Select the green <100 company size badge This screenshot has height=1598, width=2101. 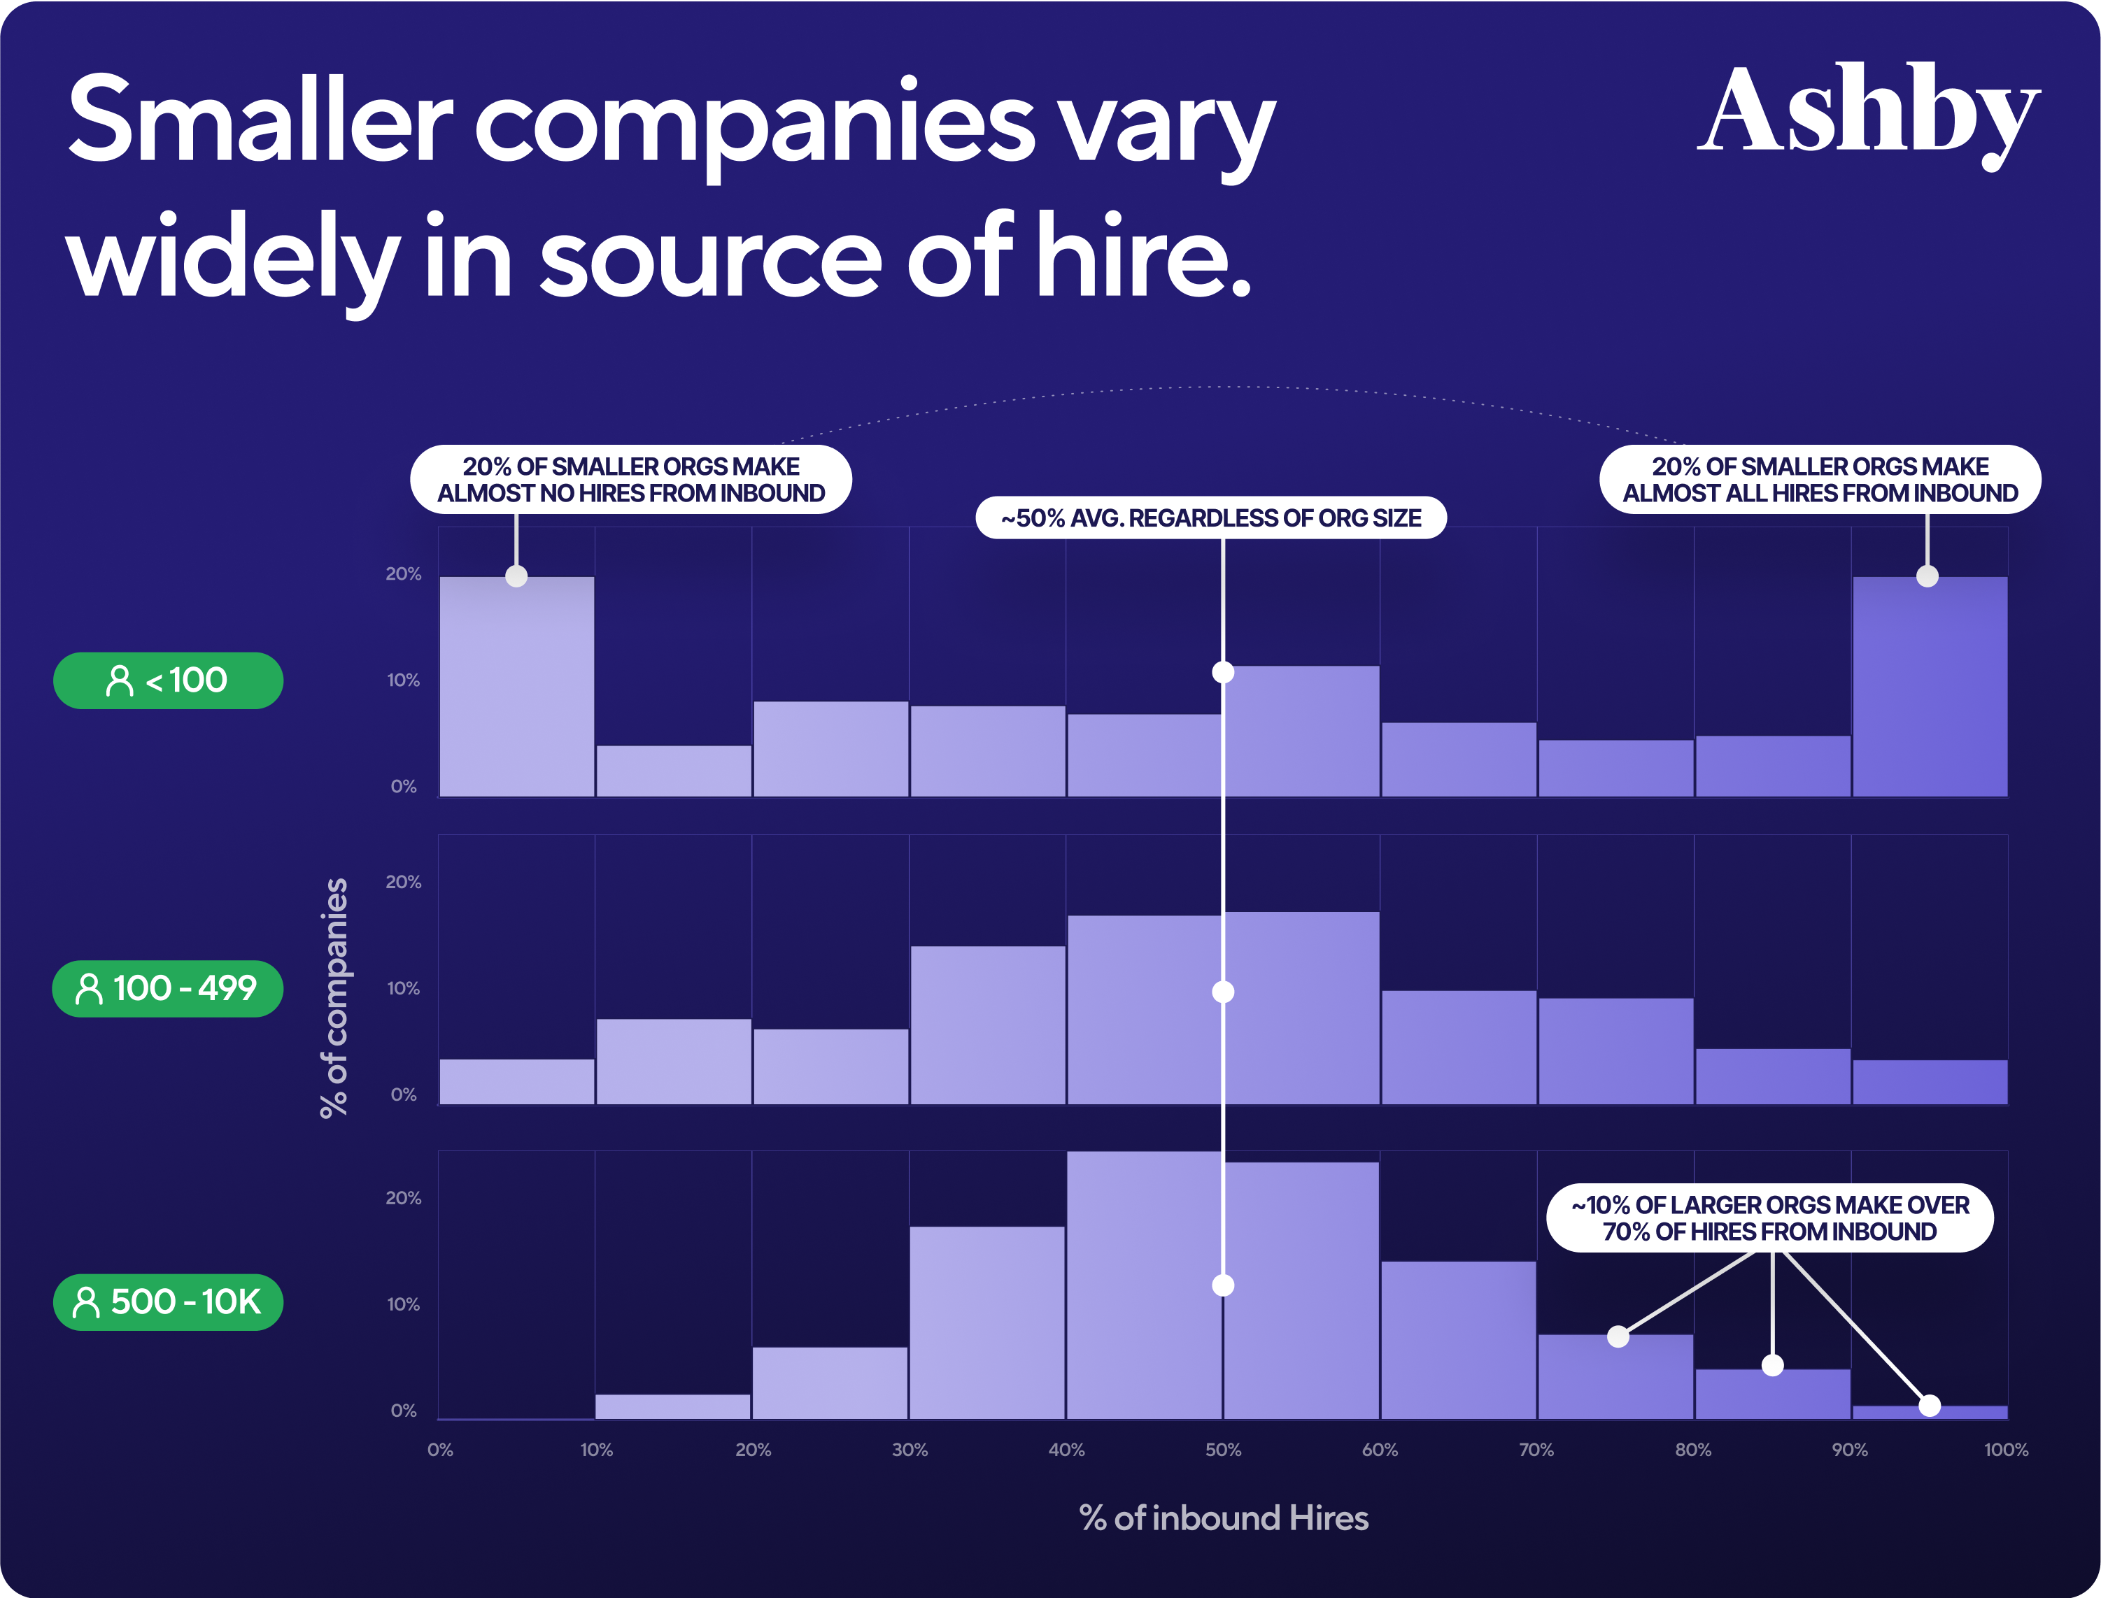coord(167,680)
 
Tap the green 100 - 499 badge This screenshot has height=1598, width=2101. coord(167,988)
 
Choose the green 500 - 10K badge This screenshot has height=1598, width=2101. coord(167,1301)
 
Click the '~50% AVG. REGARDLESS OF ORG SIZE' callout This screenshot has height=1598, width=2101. coord(1210,518)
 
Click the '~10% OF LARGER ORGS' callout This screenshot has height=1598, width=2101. coord(1770,1218)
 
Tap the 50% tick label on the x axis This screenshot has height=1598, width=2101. coord(1223,1450)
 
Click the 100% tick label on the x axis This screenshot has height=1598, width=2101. coord(2006,1450)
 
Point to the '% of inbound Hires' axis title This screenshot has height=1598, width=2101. coord(1224,1518)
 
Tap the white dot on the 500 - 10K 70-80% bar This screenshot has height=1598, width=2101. coord(1618,1336)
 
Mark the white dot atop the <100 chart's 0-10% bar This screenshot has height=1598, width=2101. coord(517,576)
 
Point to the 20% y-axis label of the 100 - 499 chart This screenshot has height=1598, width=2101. coord(404,882)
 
